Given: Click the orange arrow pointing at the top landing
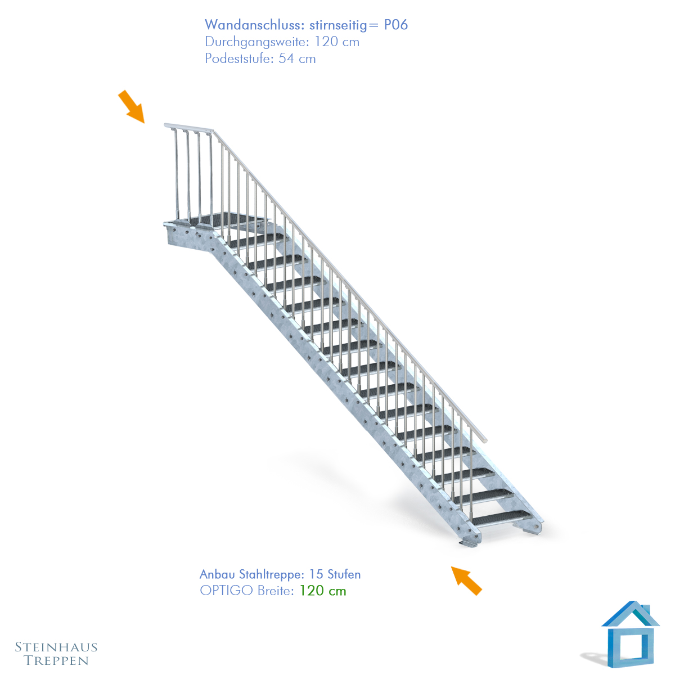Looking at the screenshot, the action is click(x=132, y=107).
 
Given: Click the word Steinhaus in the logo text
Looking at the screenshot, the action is click(x=56, y=647).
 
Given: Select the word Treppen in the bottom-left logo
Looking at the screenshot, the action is click(x=56, y=661).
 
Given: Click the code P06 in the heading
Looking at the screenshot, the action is click(x=396, y=25).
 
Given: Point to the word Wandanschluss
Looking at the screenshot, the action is click(x=255, y=25).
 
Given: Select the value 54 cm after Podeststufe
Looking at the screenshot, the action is click(x=297, y=58).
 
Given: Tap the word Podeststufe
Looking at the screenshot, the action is click(x=239, y=58).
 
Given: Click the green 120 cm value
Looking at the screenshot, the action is click(x=323, y=591).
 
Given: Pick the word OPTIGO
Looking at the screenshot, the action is click(x=226, y=591).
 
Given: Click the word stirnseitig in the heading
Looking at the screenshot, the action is click(x=339, y=25).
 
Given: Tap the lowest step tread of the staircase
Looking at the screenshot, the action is click(x=502, y=518).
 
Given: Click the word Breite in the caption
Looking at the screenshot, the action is click(x=275, y=591).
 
